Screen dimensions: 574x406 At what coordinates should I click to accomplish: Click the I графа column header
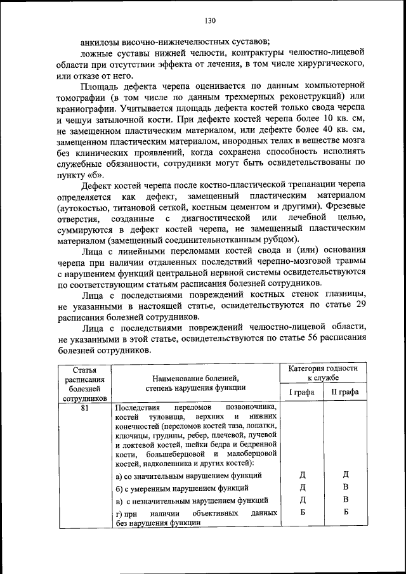[302, 392]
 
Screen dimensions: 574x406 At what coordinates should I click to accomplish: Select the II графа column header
[345, 392]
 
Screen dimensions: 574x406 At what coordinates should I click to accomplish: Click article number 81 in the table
[84, 408]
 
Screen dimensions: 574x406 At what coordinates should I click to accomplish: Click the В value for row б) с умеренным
[346, 487]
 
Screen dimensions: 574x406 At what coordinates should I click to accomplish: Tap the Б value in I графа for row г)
[302, 512]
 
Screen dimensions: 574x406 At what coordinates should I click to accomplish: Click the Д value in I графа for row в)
[302, 500]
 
